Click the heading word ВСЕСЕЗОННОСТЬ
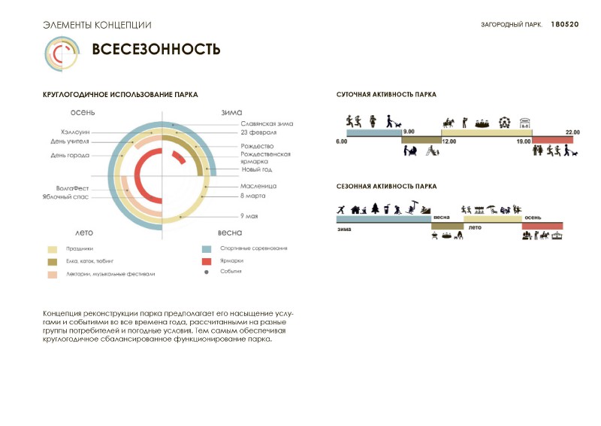156,50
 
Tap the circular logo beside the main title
62,52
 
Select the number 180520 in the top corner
565,25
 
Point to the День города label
70,156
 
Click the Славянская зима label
267,123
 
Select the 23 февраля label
258,132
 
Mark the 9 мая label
249,217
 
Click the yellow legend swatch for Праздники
53,248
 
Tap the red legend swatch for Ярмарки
206,260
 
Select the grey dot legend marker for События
206,272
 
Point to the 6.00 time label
342,141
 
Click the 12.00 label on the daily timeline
449,141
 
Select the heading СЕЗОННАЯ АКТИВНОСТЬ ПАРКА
386,185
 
